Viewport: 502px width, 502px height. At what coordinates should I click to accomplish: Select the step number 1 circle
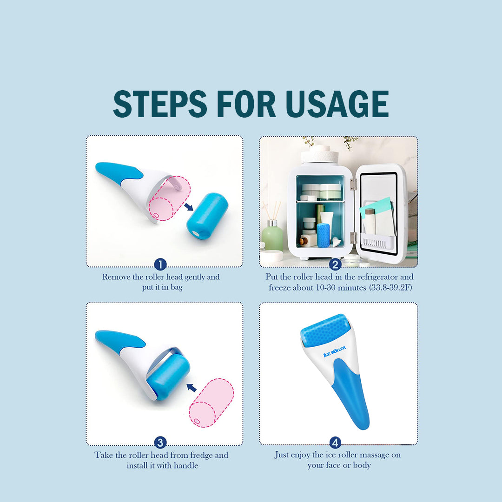160,265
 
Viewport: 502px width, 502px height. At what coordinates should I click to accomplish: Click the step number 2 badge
335,265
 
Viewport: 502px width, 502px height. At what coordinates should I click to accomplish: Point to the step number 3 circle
160,443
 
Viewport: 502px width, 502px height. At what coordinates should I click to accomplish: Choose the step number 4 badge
335,443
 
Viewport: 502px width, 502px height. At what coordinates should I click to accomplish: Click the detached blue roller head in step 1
207,215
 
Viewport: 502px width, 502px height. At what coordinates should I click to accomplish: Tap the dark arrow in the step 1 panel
189,207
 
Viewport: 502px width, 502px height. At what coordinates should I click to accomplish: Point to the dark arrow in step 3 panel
192,387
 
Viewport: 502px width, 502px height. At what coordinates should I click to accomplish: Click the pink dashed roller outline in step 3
211,403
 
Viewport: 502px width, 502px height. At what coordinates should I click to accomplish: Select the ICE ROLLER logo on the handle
335,351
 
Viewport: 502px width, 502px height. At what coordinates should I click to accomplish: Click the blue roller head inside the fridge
323,235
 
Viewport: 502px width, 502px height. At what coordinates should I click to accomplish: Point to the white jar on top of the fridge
319,154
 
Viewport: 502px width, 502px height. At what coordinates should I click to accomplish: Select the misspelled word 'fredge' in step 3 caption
202,455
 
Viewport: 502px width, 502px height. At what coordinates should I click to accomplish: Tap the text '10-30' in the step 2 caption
325,288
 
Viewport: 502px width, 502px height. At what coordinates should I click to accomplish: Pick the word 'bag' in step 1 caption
177,288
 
